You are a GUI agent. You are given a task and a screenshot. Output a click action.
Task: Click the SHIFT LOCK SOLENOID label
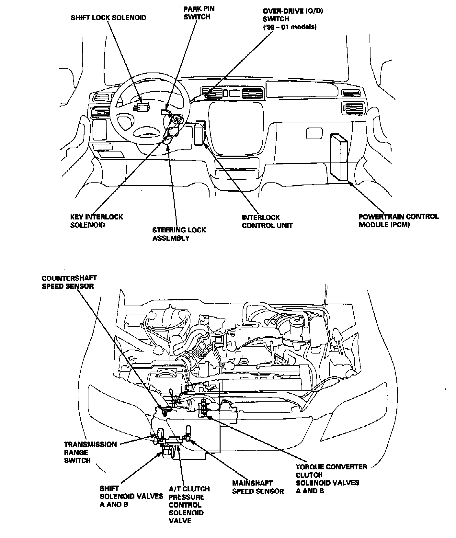pyautogui.click(x=108, y=17)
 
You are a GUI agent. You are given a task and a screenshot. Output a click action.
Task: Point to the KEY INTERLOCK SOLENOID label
pyautogui.click(x=97, y=221)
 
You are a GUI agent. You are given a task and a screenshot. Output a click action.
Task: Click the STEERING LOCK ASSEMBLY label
pyautogui.click(x=179, y=234)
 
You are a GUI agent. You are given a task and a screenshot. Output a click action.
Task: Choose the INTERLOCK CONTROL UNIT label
pyautogui.click(x=267, y=221)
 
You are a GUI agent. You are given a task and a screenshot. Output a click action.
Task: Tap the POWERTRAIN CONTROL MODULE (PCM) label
pyautogui.click(x=399, y=220)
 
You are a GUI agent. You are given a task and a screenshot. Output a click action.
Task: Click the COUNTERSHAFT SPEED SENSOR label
pyautogui.click(x=69, y=282)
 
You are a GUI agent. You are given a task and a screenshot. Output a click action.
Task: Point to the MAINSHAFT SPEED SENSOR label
pyautogui.click(x=258, y=487)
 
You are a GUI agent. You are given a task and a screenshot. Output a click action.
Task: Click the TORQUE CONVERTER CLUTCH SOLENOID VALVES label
pyautogui.click(x=331, y=479)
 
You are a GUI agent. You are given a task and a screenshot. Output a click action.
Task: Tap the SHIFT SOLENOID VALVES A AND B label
pyautogui.click(x=131, y=496)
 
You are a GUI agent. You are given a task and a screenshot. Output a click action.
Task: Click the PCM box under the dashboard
pyautogui.click(x=339, y=157)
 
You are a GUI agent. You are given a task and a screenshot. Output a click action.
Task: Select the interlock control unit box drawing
pyautogui.click(x=199, y=132)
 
